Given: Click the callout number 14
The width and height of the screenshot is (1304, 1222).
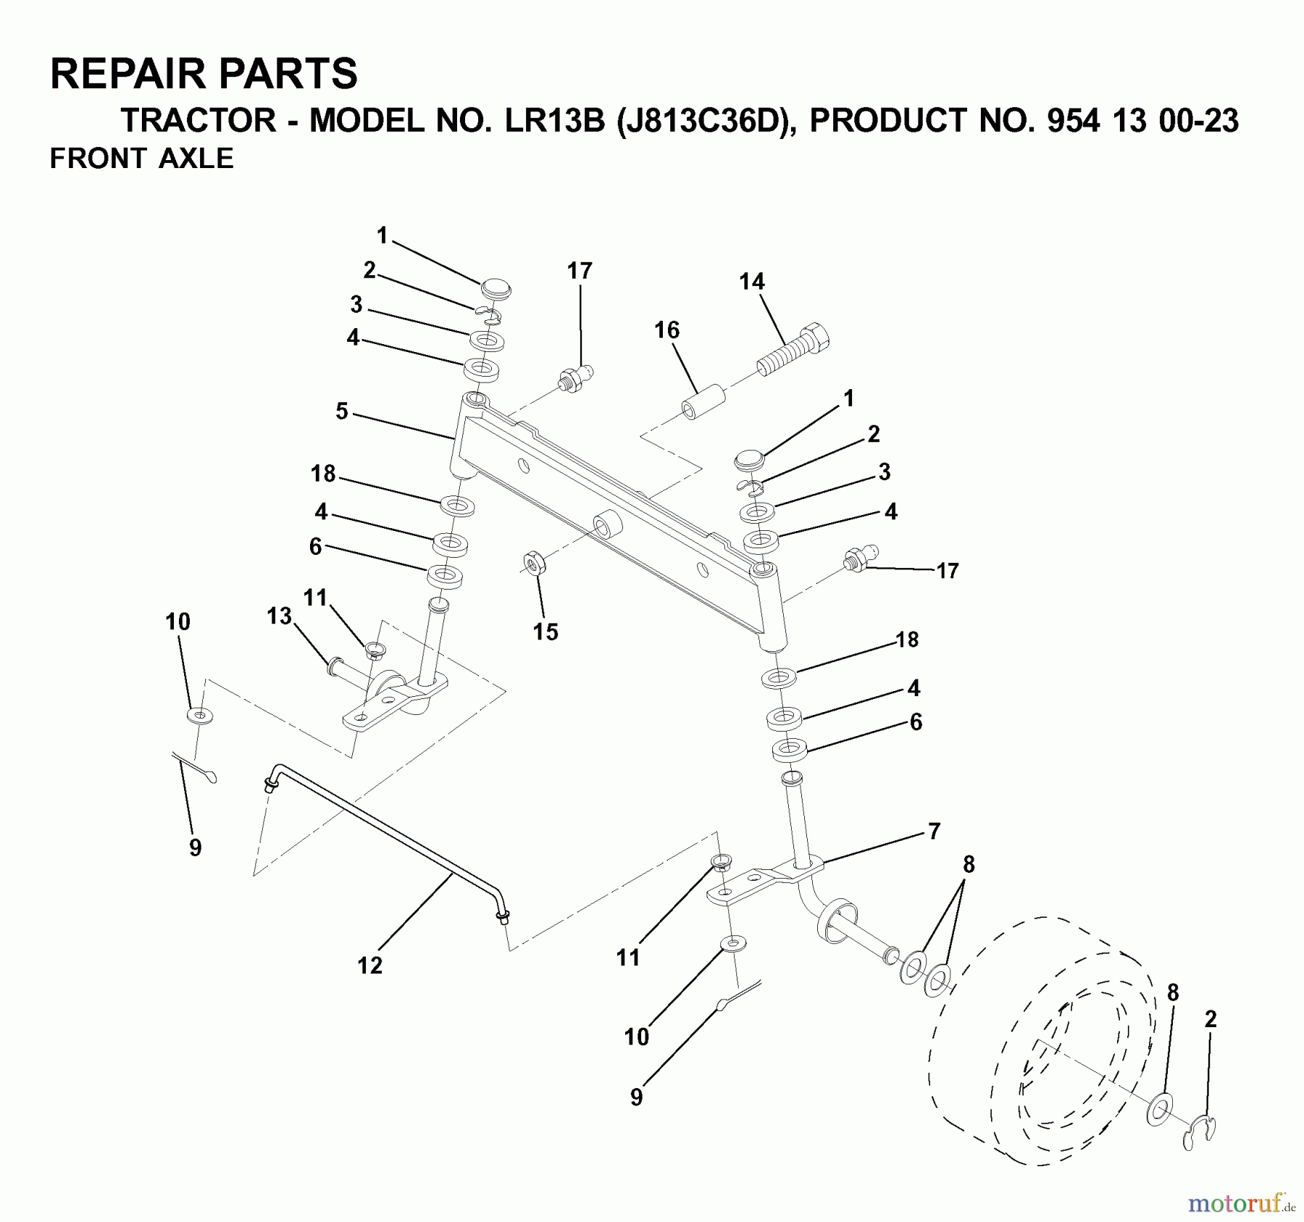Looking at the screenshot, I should point(751,282).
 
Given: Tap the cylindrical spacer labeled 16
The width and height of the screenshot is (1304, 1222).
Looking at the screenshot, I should point(702,403).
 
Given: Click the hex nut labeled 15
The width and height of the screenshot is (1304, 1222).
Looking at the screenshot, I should point(534,563).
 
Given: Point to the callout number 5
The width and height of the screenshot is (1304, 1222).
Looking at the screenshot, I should point(342,411).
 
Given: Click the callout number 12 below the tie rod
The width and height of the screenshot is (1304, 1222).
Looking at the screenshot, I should point(369,965).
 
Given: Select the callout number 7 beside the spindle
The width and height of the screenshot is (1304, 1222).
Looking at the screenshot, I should point(934,831).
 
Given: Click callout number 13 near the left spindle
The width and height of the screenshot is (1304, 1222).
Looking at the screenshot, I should point(279,616).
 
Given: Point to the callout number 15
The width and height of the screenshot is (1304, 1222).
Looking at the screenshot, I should point(546,632).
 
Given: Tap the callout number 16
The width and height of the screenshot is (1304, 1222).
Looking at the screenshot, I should point(666,330).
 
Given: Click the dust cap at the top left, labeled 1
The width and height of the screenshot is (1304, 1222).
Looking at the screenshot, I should point(496,287).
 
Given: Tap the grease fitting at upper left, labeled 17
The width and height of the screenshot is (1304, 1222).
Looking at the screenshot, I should point(576,377).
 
